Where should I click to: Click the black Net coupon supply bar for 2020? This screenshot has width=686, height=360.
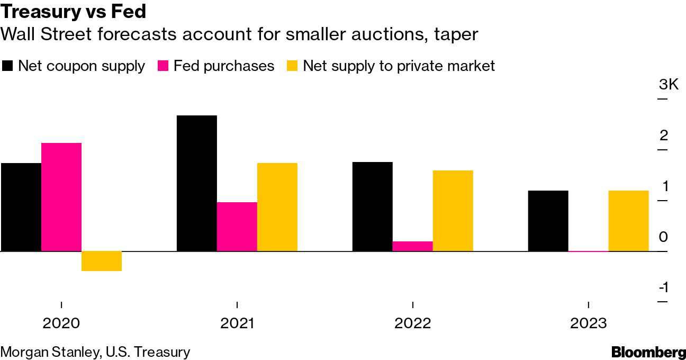[21, 207]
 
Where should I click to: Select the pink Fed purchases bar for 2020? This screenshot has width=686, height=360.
[61, 197]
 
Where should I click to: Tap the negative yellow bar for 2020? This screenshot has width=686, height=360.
[102, 261]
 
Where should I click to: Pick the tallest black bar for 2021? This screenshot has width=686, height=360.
[197, 183]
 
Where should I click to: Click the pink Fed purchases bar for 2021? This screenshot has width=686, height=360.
[237, 227]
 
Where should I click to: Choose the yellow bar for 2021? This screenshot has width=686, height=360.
[277, 207]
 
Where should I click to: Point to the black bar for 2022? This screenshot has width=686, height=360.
[373, 206]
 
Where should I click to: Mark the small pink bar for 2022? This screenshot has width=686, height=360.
[413, 246]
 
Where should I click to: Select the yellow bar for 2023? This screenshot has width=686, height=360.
[629, 221]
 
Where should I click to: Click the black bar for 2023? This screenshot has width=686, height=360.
[548, 221]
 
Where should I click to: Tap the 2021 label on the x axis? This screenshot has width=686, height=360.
[237, 323]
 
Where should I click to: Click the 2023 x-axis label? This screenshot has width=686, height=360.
[589, 323]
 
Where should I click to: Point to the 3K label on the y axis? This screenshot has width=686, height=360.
[669, 85]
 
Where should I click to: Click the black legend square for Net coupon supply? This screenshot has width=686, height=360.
[8, 66]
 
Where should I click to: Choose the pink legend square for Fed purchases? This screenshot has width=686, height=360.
[164, 66]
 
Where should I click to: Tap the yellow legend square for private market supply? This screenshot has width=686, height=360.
[293, 66]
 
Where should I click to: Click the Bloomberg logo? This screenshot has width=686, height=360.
[648, 352]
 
